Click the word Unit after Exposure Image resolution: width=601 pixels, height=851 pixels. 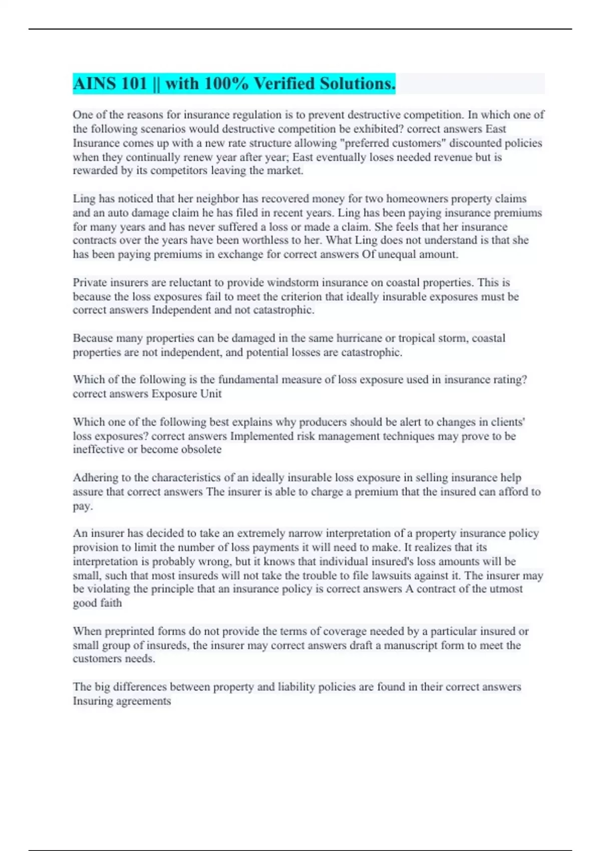click(211, 394)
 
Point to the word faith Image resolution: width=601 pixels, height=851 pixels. click(111, 603)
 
